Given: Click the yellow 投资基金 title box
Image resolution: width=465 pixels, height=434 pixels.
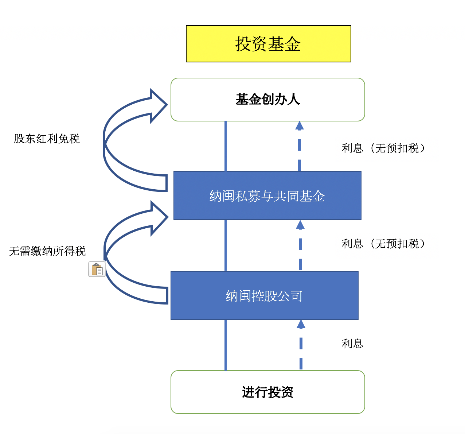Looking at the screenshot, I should pos(268,44).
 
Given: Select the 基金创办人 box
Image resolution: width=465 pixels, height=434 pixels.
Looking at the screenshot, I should pos(267,100).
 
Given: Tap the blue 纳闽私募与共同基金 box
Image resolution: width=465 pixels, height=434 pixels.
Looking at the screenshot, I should pos(267,196).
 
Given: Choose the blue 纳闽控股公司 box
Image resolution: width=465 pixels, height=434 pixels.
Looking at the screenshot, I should pos(264,296).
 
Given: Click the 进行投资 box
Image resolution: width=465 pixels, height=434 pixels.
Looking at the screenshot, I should pos(267,392).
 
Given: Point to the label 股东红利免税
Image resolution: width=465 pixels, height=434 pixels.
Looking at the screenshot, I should pos(47,139).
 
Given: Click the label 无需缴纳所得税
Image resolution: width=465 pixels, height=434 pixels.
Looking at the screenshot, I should pos(47,251).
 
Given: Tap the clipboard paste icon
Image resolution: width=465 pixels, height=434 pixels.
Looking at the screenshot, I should pos(97,270).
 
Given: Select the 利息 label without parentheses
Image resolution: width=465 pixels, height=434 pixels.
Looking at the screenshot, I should pos(352,344).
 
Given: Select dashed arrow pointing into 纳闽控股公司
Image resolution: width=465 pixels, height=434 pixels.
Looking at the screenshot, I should pos(301,345).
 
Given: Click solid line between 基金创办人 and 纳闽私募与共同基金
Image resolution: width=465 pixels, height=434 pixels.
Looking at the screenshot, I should pos(226,146).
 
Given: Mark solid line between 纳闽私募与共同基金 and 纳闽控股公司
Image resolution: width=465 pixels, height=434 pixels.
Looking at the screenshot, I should pos(226,245).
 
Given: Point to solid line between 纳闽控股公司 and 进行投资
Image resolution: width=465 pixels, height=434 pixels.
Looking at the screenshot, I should pos(226,345).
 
